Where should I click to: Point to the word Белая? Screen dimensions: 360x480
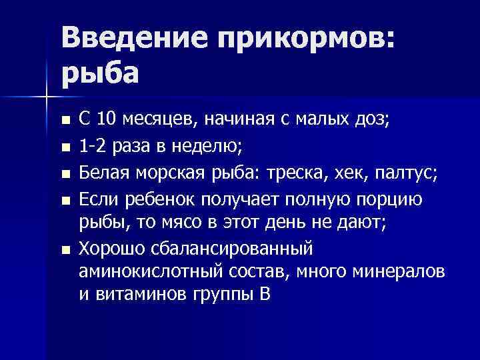click(x=105, y=174)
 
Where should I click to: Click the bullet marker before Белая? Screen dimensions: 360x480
click(x=64, y=175)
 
